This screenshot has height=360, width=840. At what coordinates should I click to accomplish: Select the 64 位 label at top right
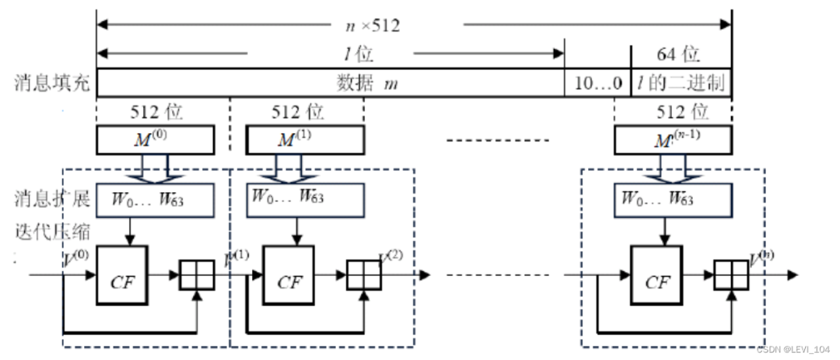coord(679,55)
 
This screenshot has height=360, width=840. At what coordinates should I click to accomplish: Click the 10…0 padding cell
coord(597,83)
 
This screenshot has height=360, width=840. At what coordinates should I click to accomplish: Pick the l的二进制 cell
coord(681,83)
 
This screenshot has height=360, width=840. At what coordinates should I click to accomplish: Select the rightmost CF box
coord(657,276)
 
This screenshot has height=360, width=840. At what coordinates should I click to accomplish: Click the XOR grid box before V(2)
coord(361,275)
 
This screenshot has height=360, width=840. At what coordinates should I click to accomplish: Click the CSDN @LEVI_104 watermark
coord(794,350)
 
